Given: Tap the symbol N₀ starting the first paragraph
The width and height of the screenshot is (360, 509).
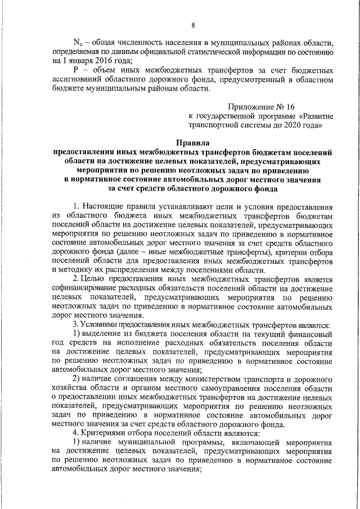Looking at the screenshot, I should point(78,43).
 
